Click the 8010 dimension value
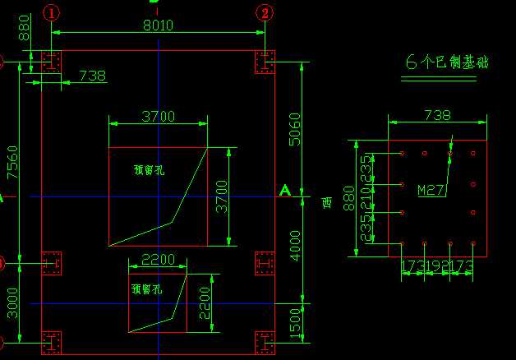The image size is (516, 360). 157,25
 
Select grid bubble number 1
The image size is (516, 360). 52,12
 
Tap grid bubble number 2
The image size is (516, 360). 265,12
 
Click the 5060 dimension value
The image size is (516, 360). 296,128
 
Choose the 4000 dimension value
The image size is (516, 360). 296,245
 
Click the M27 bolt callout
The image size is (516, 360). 431,191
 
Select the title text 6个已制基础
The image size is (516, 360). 447,62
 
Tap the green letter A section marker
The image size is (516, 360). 285,191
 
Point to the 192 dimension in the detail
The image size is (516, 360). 437,266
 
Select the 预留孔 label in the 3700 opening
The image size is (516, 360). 149,170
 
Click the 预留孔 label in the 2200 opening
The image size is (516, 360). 146,289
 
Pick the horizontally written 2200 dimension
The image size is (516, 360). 158,260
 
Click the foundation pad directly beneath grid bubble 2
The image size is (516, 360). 265,62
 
